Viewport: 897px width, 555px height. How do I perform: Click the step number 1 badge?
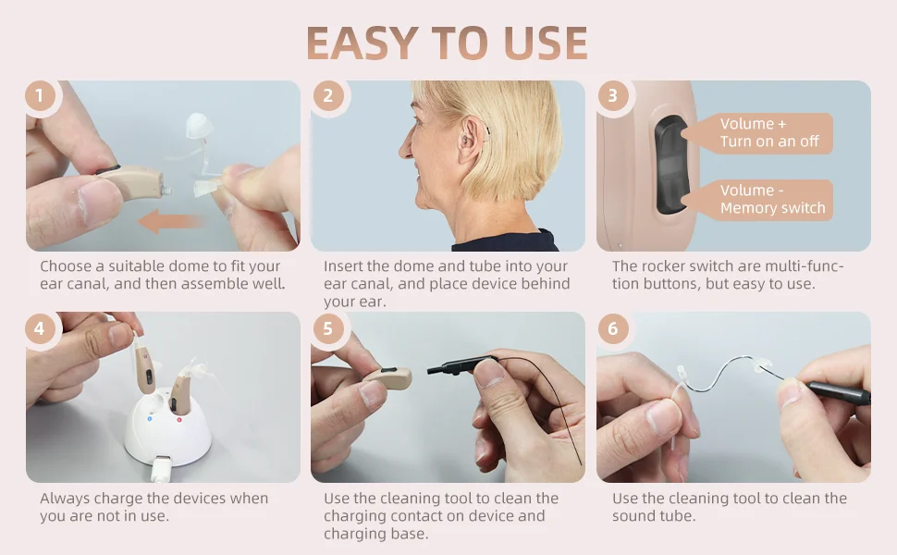coord(39,96)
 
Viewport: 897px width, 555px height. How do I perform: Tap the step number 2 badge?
coord(327,96)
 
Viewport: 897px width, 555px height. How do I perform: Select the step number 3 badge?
coord(612,96)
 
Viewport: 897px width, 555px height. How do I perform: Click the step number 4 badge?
coord(39,328)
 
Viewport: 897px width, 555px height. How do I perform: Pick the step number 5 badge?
coord(327,328)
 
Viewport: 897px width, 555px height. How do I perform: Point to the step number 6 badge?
coord(612,328)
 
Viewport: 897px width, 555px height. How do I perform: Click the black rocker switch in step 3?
coord(672,165)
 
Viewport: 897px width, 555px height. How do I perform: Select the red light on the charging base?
coord(178,420)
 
